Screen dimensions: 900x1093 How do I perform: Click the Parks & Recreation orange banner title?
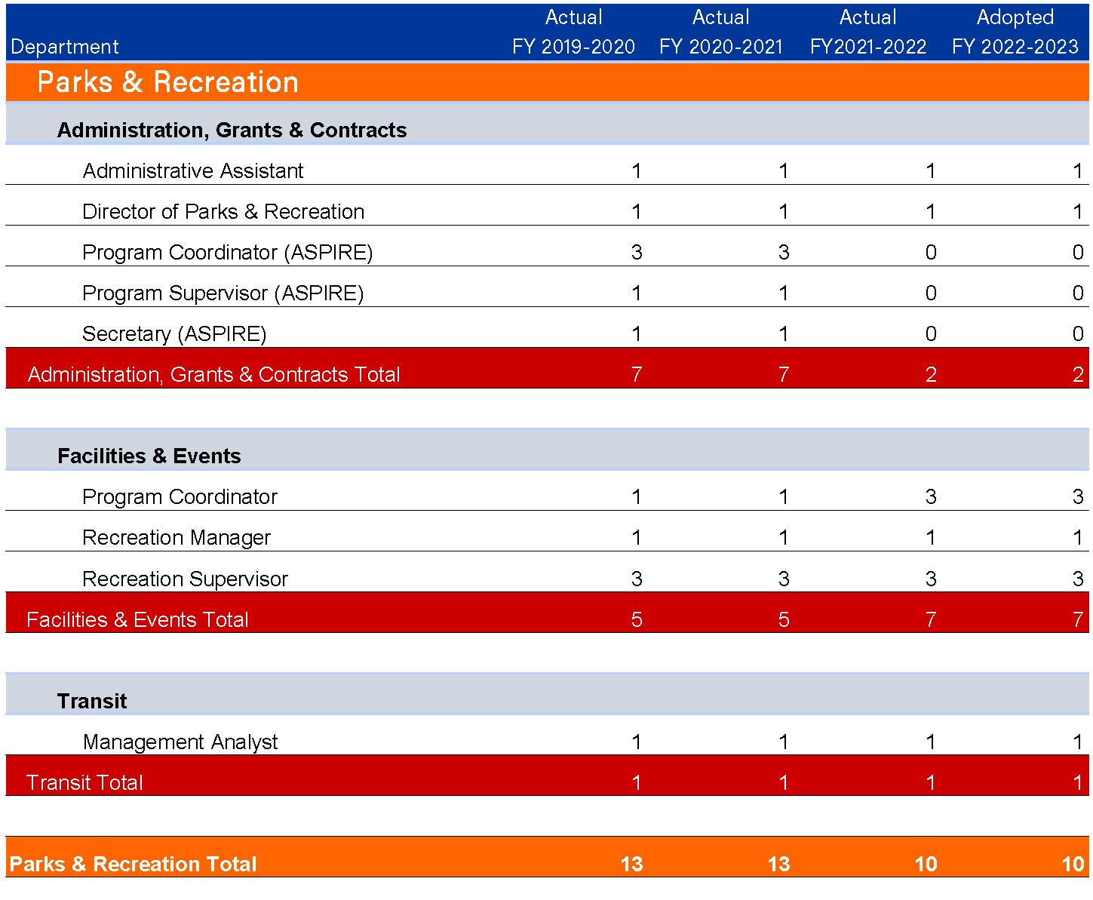[x=167, y=82]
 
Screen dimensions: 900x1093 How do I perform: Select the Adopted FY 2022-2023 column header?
[x=1015, y=32]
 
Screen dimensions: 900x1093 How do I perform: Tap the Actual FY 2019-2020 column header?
[x=573, y=32]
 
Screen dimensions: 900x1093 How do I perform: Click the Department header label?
[x=65, y=47]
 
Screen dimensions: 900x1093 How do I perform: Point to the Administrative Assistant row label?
[x=192, y=171]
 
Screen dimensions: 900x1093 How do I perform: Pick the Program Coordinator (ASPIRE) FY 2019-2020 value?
[x=636, y=253]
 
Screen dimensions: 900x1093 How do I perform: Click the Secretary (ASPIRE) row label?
[x=174, y=334]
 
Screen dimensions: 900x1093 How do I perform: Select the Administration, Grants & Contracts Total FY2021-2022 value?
[x=930, y=375]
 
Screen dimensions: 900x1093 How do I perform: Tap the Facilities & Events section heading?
[x=149, y=456]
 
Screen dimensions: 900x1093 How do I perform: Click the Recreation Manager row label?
[x=176, y=538]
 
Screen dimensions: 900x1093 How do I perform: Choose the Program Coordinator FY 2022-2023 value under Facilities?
[x=1077, y=497]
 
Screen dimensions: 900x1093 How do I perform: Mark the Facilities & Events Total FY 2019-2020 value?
[x=636, y=620]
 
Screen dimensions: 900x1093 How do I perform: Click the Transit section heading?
[x=92, y=702]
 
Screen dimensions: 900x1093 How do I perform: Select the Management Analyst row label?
[x=180, y=742]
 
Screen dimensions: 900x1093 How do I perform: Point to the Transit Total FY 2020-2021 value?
[x=783, y=783]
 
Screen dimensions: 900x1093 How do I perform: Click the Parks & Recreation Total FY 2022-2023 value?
[x=1072, y=865]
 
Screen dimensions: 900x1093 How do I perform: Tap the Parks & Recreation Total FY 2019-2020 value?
[x=631, y=865]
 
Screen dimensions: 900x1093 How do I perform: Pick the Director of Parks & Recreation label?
[x=223, y=212]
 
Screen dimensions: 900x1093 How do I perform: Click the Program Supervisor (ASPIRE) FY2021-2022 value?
[x=930, y=293]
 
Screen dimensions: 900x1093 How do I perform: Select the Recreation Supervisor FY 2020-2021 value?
[x=783, y=579]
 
